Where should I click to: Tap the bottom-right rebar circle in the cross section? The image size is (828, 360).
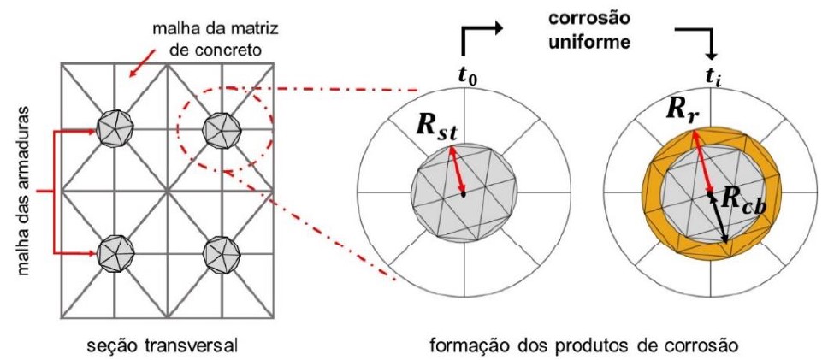(x=217, y=253)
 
